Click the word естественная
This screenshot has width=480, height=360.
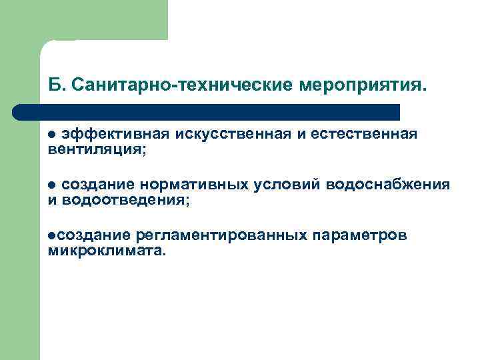click(x=362, y=134)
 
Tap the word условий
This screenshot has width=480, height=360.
click(x=298, y=184)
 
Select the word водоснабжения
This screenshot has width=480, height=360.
click(x=397, y=184)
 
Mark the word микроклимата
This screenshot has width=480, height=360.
click(x=105, y=251)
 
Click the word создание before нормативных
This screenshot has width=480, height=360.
click(x=99, y=184)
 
